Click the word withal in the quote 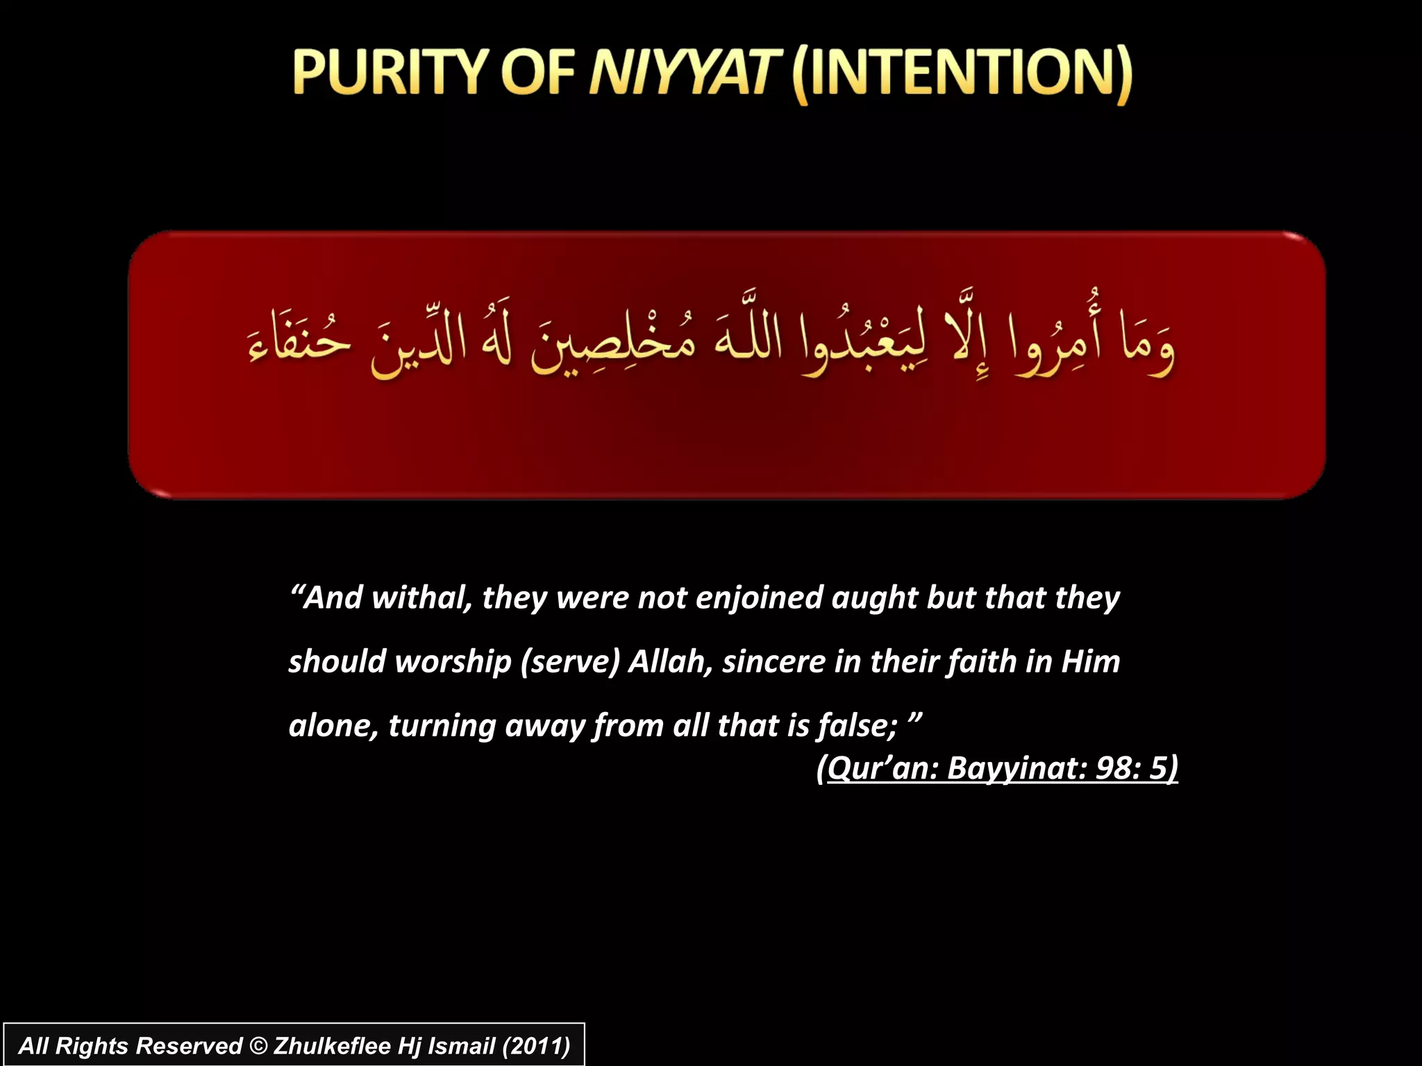[422, 598]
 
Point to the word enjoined [759, 598]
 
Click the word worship [453, 661]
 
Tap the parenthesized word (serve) [570, 661]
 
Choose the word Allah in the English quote [670, 661]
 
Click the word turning [442, 726]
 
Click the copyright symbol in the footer [258, 1045]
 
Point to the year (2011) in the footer [535, 1045]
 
